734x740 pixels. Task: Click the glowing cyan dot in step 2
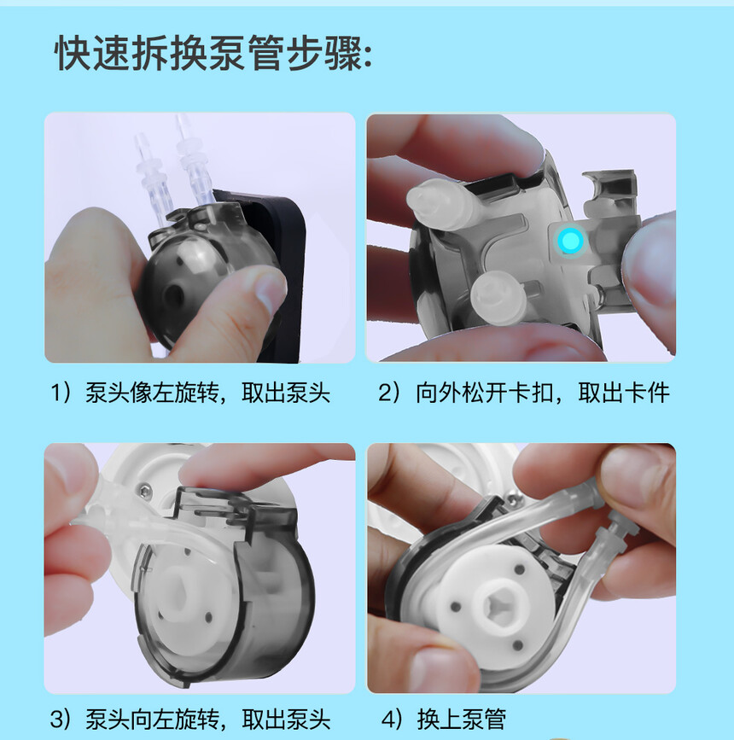(x=570, y=240)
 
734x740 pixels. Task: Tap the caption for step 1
(x=190, y=393)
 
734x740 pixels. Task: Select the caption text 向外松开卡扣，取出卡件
(x=542, y=393)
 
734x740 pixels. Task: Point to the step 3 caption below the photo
(x=190, y=720)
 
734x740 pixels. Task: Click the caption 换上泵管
(x=461, y=720)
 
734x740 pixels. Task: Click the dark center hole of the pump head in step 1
(x=173, y=295)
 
